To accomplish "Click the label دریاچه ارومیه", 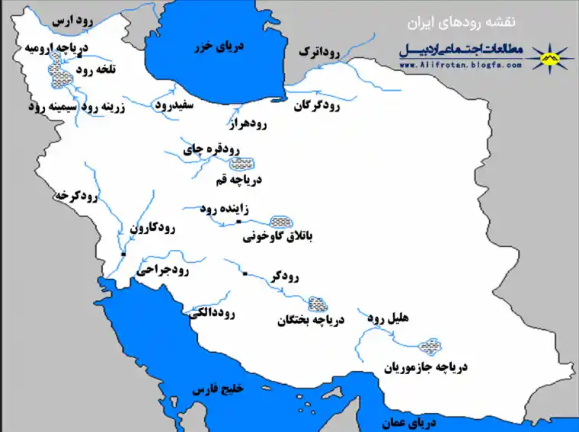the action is coord(56,49).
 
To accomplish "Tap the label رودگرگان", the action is coord(317,107).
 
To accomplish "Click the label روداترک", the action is coord(319,52).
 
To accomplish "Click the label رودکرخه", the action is coord(76,196).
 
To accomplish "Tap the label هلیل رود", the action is coord(389,315).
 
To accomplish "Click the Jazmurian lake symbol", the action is coord(431,347).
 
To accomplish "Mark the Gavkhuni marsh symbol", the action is coord(281,221).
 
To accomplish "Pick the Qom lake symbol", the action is coord(243,163).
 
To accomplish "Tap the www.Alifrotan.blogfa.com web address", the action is coord(460,66).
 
